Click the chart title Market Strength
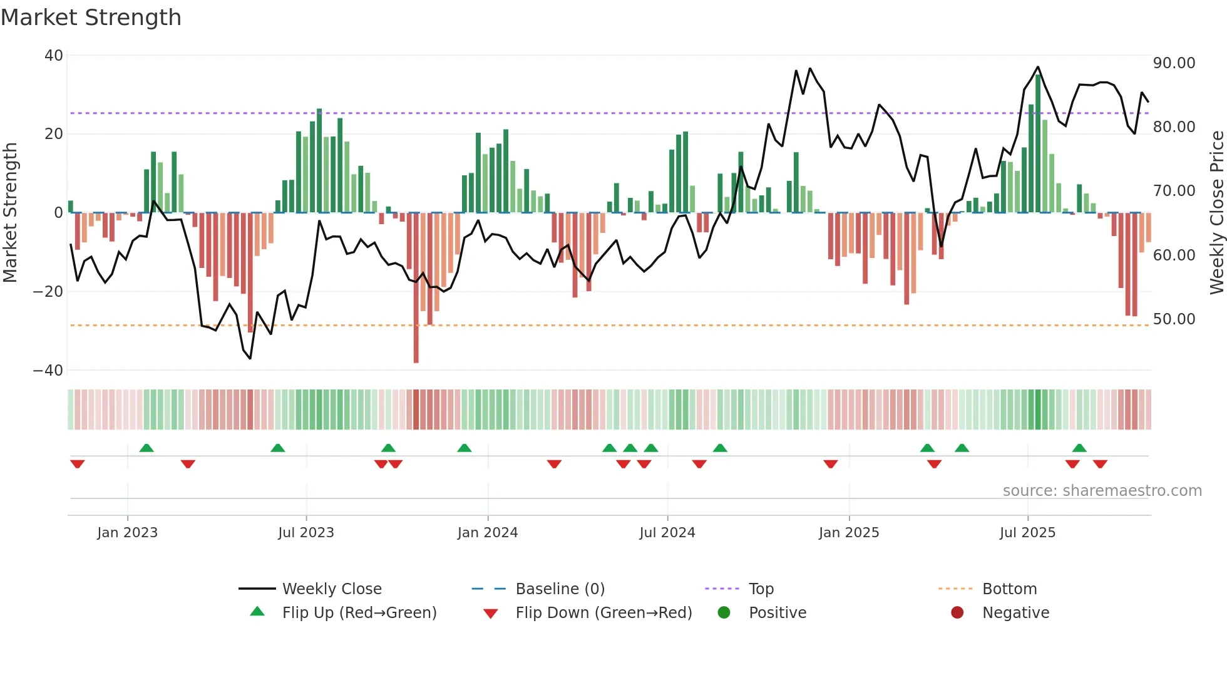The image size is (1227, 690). tap(91, 18)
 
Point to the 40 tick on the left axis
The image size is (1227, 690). tap(54, 56)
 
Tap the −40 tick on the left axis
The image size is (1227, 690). tap(48, 371)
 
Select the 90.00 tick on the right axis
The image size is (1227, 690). tap(1174, 63)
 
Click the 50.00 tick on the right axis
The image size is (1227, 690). tap(1174, 319)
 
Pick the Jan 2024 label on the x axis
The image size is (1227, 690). tap(488, 533)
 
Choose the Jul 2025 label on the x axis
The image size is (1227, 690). tap(1027, 533)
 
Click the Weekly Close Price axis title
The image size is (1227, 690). tap(1216, 213)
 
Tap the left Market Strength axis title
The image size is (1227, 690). tap(11, 213)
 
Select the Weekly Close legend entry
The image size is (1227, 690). tap(331, 589)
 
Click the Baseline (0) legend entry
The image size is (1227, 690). tap(560, 589)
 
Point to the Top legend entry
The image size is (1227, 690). tap(761, 589)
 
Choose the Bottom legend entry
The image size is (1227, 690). tap(1009, 589)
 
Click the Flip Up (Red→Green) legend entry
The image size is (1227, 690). tap(359, 613)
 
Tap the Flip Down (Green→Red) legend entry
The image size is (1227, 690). tap(603, 613)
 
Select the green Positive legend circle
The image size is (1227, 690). tap(724, 613)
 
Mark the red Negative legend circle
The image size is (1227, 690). tap(957, 613)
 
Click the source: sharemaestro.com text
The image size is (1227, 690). tap(1102, 491)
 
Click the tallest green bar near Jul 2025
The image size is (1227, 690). tap(1038, 144)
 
